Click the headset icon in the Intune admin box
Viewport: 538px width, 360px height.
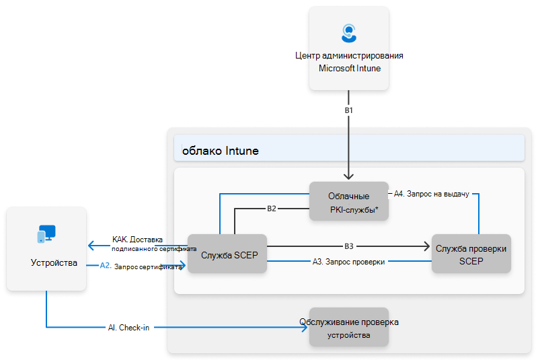click(349, 33)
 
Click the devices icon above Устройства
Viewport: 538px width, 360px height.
click(46, 234)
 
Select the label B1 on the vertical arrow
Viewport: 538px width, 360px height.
click(349, 109)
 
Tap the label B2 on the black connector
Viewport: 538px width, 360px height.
click(272, 209)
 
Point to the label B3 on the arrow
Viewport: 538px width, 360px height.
click(348, 246)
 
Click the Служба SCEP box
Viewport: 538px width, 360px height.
click(227, 254)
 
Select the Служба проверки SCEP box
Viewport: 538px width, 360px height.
click(471, 254)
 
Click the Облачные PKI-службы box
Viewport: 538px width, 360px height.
click(348, 201)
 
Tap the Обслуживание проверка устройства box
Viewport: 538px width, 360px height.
click(348, 328)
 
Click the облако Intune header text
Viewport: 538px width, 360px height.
click(221, 151)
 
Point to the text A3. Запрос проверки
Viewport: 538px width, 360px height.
click(348, 262)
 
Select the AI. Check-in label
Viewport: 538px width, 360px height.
click(128, 327)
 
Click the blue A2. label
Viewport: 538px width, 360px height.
click(105, 265)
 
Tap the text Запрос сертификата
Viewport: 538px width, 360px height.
click(149, 266)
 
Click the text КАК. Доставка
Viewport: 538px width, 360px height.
click(138, 240)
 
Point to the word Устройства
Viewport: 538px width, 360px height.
click(54, 262)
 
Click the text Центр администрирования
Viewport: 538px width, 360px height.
click(349, 57)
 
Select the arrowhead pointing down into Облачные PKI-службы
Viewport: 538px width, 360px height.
click(349, 176)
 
